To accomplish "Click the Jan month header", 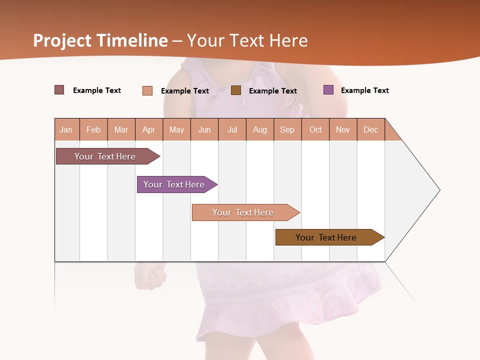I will (x=66, y=129).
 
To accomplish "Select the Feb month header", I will (x=93, y=129).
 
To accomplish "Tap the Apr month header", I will (x=148, y=129).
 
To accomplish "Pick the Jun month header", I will (x=204, y=129).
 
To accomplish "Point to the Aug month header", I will (x=259, y=129).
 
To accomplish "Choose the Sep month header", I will (x=287, y=129).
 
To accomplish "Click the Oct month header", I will (x=315, y=129).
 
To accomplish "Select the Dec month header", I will (x=370, y=129).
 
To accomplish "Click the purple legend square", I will (x=328, y=90).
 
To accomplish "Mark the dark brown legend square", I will (x=236, y=90).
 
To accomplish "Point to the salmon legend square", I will (x=147, y=90).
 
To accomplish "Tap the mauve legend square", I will (x=59, y=90).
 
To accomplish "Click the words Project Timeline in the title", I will (x=100, y=40).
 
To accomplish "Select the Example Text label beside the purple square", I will (x=364, y=90).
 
